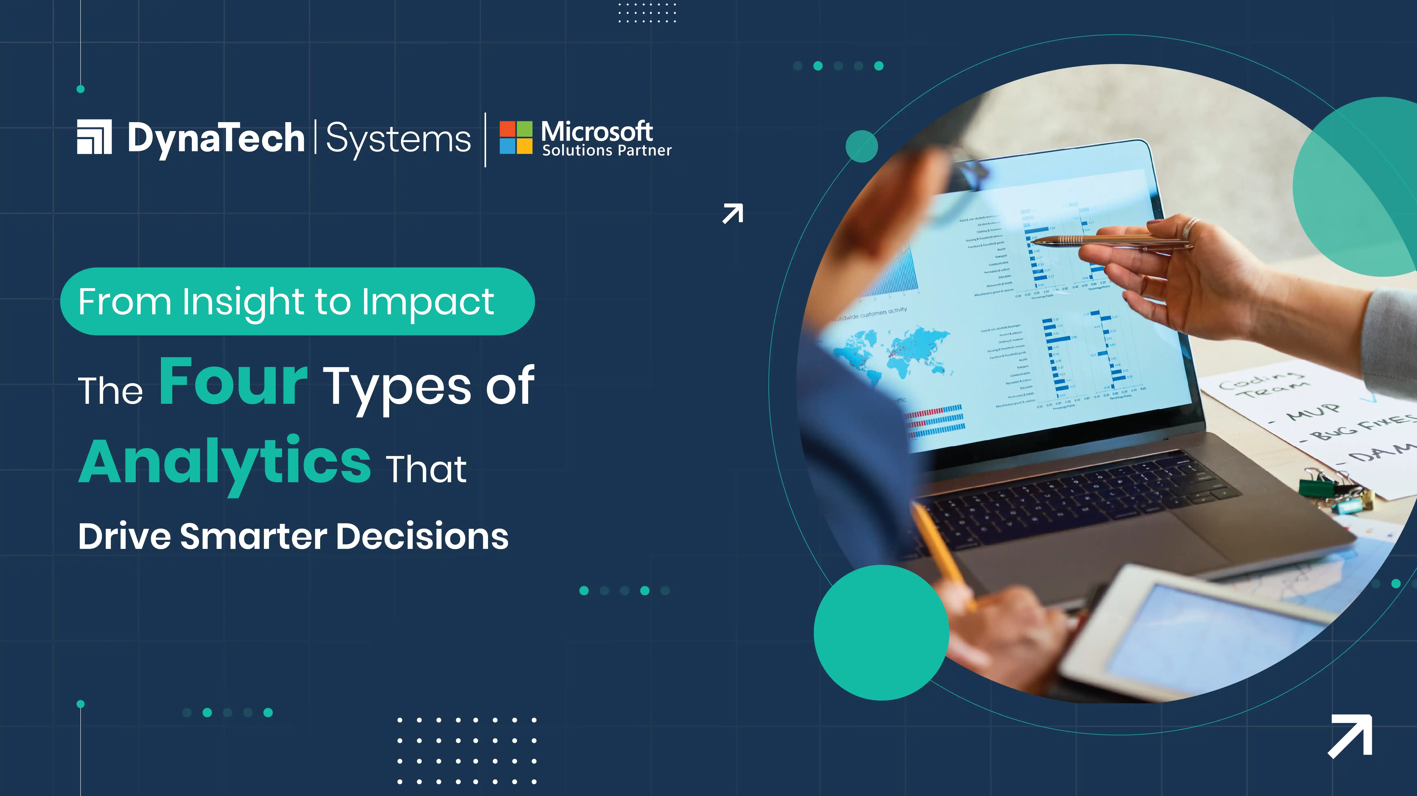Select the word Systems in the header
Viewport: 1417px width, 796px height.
pyautogui.click(x=398, y=139)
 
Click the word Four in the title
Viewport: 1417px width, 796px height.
pyautogui.click(x=233, y=381)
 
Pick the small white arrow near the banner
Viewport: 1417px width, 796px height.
pyautogui.click(x=733, y=214)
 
